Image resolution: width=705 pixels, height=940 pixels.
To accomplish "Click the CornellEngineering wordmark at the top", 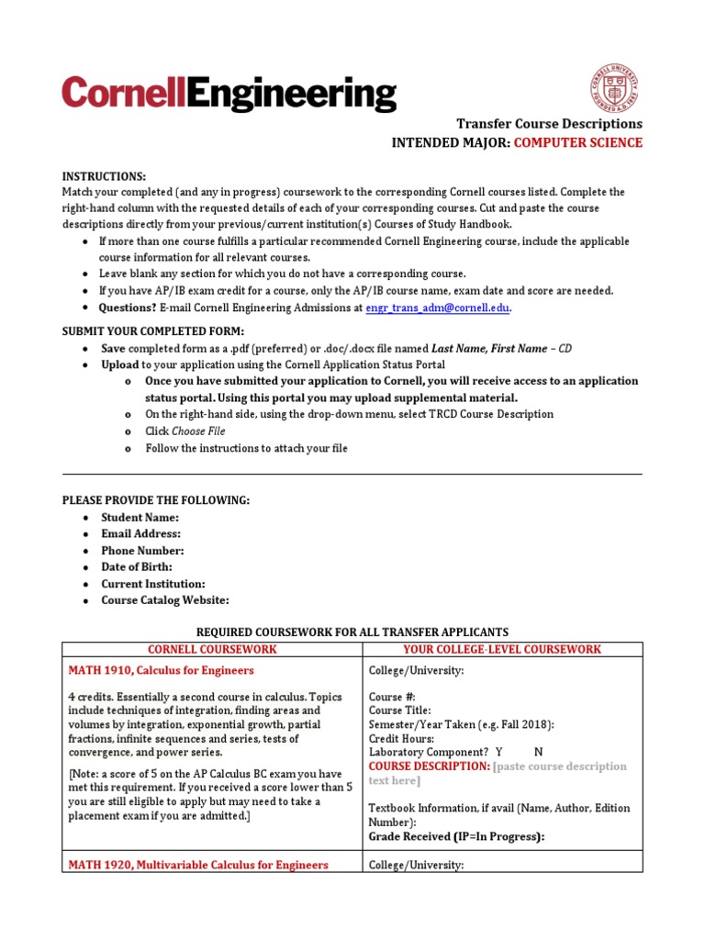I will (x=229, y=95).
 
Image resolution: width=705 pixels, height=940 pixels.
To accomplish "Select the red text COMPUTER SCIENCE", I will (x=577, y=142).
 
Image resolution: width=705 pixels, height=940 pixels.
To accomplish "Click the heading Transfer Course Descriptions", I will (x=550, y=123).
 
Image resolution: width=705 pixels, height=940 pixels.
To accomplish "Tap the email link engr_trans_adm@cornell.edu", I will (x=437, y=308).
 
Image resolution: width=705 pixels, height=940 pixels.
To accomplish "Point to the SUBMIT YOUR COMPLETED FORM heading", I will (x=153, y=330).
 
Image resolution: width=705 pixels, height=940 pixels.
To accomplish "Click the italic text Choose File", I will (x=198, y=431).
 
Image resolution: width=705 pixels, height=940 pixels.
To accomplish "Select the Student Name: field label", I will (x=140, y=518).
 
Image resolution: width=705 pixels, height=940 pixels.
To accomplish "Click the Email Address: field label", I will (x=140, y=534).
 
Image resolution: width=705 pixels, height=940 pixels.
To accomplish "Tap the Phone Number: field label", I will (x=142, y=551).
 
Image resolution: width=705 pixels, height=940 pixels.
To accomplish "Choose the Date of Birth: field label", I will (x=137, y=567).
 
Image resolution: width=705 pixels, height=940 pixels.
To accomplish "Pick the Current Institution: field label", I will (x=153, y=584).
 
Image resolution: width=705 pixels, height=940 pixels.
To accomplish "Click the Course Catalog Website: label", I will (x=165, y=600).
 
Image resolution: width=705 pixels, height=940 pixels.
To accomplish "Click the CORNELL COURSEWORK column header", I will (x=212, y=649).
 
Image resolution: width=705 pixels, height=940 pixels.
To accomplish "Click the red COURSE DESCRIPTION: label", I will (x=429, y=767).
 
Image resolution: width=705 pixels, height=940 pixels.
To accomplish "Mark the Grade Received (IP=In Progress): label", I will (x=456, y=836).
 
